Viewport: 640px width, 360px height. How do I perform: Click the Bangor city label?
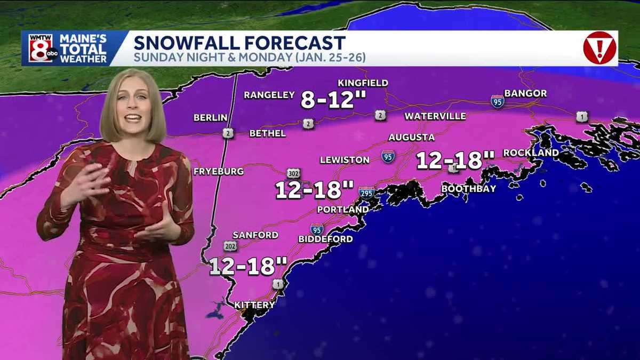pyautogui.click(x=525, y=93)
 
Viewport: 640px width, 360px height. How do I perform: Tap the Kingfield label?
pyautogui.click(x=363, y=83)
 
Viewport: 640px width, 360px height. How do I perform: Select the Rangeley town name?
pyautogui.click(x=269, y=95)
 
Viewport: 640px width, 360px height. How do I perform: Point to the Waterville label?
pyautogui.click(x=435, y=116)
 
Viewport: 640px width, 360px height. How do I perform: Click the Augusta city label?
pyautogui.click(x=411, y=137)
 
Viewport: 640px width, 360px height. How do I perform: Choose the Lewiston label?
pyautogui.click(x=345, y=159)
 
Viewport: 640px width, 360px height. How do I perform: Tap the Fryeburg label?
pyautogui.click(x=219, y=171)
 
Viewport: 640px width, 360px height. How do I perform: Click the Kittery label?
pyautogui.click(x=255, y=305)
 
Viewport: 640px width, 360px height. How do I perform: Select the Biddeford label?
pyautogui.click(x=325, y=239)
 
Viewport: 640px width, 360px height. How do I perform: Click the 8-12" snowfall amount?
pyautogui.click(x=328, y=100)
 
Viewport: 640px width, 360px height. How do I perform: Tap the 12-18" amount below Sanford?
pyautogui.click(x=248, y=266)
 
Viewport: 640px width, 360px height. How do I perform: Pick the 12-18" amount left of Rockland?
pyautogui.click(x=455, y=160)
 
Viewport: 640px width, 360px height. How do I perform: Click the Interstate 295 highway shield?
pyautogui.click(x=366, y=193)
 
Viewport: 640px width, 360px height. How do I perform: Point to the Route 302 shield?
pyautogui.click(x=294, y=173)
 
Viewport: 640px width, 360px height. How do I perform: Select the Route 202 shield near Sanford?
pyautogui.click(x=230, y=246)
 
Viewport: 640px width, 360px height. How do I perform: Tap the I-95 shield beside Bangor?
pyautogui.click(x=498, y=101)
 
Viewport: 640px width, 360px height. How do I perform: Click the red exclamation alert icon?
pyautogui.click(x=599, y=48)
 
